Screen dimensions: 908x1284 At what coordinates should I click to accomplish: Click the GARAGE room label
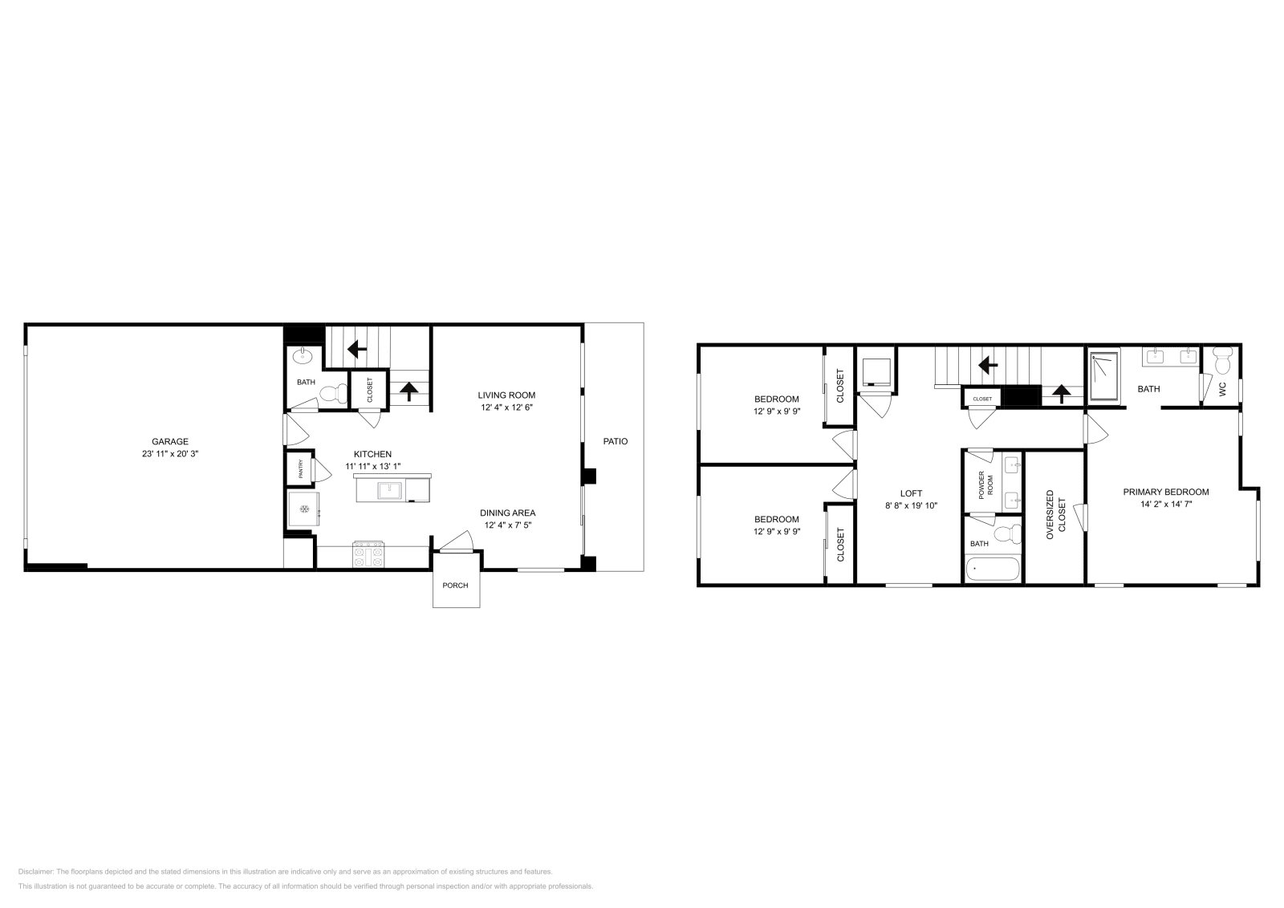click(170, 441)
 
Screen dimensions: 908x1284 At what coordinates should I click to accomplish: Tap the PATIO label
click(616, 441)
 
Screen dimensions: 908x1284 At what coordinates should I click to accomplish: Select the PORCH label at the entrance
click(455, 585)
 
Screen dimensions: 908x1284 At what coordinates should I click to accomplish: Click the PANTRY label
click(301, 472)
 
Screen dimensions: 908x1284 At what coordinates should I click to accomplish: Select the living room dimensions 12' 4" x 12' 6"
click(506, 407)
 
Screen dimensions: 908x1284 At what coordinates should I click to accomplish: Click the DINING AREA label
click(507, 513)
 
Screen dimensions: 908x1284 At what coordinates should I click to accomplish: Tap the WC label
click(1222, 388)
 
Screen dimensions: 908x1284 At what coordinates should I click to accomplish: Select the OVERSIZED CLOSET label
click(1055, 517)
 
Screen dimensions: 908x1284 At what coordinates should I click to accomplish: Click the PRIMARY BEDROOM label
click(1165, 492)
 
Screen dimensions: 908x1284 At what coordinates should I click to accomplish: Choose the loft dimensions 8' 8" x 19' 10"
click(911, 505)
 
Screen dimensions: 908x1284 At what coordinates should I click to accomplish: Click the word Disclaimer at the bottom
click(35, 871)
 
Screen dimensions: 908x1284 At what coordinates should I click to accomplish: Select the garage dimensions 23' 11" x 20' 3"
click(170, 453)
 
